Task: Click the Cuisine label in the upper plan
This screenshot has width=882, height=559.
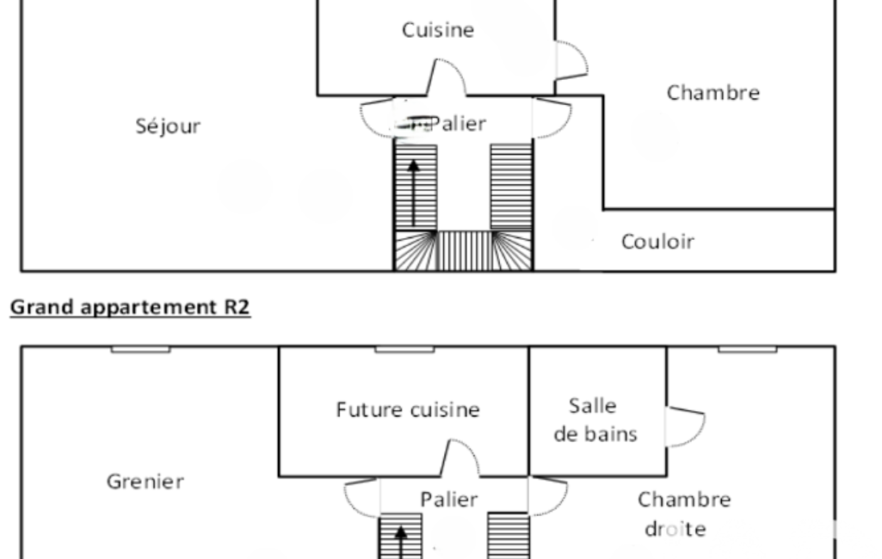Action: (437, 30)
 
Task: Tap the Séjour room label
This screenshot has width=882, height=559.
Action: (168, 126)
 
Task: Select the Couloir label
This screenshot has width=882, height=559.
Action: (657, 242)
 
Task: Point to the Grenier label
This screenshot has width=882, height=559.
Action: (145, 481)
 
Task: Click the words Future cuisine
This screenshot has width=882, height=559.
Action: (407, 410)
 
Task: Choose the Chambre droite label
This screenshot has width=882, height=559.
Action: (684, 513)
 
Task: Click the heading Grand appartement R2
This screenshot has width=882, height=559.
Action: (130, 308)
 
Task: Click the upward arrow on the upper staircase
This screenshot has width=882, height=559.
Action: (414, 192)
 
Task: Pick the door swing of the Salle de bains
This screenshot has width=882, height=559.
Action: (686, 427)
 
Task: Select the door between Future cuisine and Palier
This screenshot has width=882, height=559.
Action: (455, 458)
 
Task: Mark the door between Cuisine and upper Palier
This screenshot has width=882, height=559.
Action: (447, 77)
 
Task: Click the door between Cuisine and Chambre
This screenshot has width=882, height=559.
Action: (571, 59)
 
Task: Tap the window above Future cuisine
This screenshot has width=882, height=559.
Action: (404, 349)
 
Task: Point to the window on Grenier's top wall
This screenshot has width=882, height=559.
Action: (140, 349)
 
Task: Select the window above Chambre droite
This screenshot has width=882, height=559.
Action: (747, 349)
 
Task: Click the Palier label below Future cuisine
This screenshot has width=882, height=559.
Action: (448, 500)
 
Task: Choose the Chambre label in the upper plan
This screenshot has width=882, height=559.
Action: (712, 93)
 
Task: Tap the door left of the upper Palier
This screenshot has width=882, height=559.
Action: (377, 119)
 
